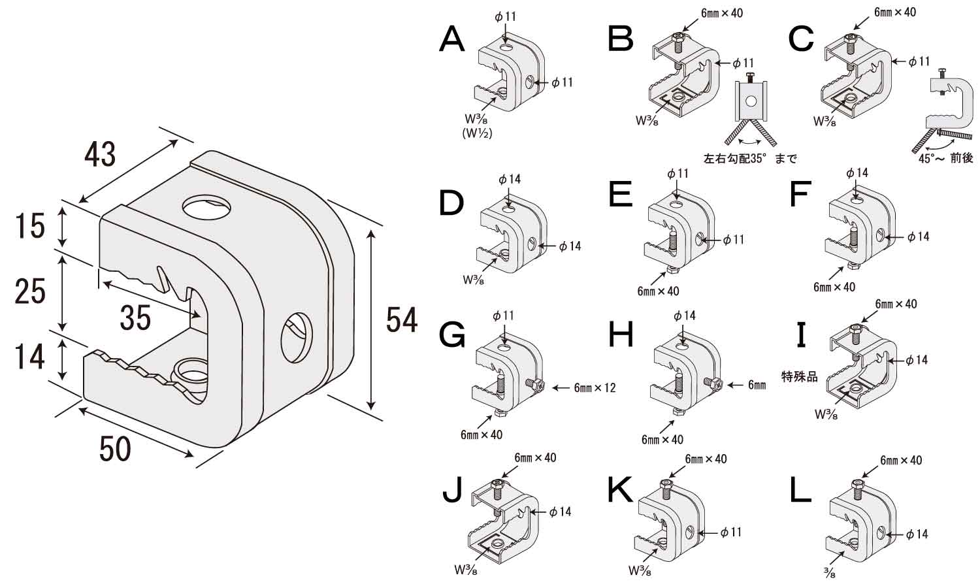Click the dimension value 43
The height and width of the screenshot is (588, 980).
(100, 154)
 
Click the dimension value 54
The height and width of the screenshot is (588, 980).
(401, 319)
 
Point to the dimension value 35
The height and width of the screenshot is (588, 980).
(135, 318)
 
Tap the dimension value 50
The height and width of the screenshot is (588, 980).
(115, 449)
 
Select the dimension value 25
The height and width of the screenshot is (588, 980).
(30, 291)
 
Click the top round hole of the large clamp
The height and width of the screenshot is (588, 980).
(207, 207)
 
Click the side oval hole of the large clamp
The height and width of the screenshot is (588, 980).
(297, 336)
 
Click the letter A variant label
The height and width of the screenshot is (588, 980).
(452, 39)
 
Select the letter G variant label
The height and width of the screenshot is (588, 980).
(452, 335)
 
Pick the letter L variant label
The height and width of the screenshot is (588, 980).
(800, 490)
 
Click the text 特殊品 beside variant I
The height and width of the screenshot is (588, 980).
(800, 376)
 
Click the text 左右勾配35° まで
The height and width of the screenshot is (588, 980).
(750, 159)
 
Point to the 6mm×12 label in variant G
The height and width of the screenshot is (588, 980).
(595, 388)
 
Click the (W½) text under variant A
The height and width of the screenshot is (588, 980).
(477, 134)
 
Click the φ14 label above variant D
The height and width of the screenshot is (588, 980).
(509, 179)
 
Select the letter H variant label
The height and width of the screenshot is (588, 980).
(621, 335)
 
